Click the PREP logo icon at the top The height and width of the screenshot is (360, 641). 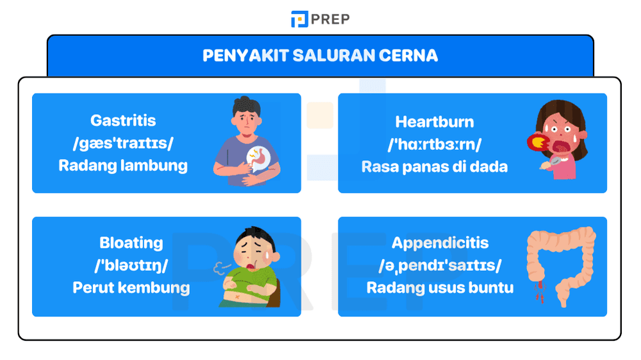299,19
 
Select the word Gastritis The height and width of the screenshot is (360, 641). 123,120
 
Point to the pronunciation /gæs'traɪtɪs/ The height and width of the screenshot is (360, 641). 123,143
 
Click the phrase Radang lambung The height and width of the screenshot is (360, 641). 123,165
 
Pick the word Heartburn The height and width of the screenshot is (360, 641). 435,122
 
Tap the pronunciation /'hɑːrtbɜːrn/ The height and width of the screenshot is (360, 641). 435,144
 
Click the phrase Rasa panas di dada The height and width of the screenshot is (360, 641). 435,167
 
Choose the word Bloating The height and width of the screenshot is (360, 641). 131,243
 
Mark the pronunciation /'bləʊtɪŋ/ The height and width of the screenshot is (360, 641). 131,265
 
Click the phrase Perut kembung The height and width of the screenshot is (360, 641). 131,288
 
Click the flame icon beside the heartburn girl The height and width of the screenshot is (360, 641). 535,142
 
